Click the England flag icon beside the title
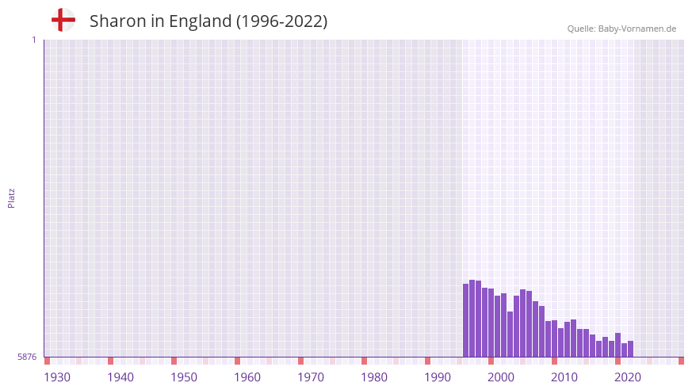pyautogui.click(x=63, y=20)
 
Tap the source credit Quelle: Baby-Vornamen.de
pyautogui.click(x=621, y=29)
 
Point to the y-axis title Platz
pyautogui.click(x=11, y=197)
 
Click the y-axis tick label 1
pyautogui.click(x=33, y=40)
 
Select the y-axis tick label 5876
pyautogui.click(x=27, y=357)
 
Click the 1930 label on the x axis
pyautogui.click(x=57, y=377)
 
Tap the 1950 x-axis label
pyautogui.click(x=184, y=377)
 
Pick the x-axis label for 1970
pyautogui.click(x=311, y=377)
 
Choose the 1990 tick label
pyautogui.click(x=438, y=377)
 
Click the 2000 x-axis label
pyautogui.click(x=501, y=377)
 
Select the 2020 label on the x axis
pyautogui.click(x=628, y=377)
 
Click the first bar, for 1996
pyautogui.click(x=466, y=320)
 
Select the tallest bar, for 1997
pyautogui.click(x=472, y=318)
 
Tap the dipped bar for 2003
pyautogui.click(x=510, y=334)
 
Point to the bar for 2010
pyautogui.click(x=555, y=338)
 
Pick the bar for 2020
pyautogui.click(x=618, y=345)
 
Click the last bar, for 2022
pyautogui.click(x=631, y=349)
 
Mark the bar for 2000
pyautogui.click(x=491, y=323)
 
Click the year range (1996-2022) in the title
pyautogui.click(x=281, y=21)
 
